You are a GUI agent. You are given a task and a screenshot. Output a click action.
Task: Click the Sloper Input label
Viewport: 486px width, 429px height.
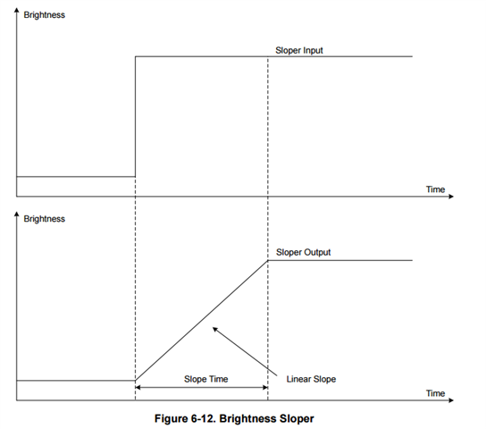[x=299, y=51]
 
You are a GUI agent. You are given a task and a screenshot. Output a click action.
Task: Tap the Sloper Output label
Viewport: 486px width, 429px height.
[x=304, y=252]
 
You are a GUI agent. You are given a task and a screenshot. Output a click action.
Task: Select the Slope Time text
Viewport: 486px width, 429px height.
[x=206, y=379]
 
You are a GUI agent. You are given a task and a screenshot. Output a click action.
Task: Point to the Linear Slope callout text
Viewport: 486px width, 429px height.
[x=311, y=379]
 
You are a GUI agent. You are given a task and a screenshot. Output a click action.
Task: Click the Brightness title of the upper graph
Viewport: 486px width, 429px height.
[x=45, y=15]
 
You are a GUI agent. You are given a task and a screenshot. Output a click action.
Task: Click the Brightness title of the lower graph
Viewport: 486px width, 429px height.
[x=45, y=219]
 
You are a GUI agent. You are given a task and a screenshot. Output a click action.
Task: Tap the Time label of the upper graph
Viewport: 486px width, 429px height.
[x=435, y=189]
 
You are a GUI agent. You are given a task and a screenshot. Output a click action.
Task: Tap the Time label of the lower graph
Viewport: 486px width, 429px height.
[x=435, y=393]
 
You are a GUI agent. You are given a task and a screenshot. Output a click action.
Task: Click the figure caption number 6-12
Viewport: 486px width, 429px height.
[x=203, y=418]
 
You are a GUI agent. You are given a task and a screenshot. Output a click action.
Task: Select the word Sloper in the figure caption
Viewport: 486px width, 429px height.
[x=297, y=419]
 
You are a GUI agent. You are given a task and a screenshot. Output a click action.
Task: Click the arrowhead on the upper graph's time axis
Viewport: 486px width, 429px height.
[x=451, y=197]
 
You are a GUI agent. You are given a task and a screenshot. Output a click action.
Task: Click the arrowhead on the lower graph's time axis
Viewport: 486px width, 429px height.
[x=451, y=400]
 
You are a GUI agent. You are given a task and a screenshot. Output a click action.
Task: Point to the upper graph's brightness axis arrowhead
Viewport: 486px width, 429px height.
[x=17, y=10]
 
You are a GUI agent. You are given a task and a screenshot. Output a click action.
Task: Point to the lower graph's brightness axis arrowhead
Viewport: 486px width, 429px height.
[x=17, y=214]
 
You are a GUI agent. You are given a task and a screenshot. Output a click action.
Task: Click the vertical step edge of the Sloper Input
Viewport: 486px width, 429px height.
[x=136, y=116]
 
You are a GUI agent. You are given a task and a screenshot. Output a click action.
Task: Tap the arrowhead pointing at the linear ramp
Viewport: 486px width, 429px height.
[x=214, y=330]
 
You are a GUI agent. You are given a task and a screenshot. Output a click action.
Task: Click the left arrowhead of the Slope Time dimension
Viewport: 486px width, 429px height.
[x=138, y=388]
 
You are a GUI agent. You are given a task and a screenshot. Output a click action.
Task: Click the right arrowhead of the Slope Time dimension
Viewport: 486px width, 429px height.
[x=265, y=388]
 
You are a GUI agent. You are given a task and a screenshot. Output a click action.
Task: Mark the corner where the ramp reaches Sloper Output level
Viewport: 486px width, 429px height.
[x=268, y=260]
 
